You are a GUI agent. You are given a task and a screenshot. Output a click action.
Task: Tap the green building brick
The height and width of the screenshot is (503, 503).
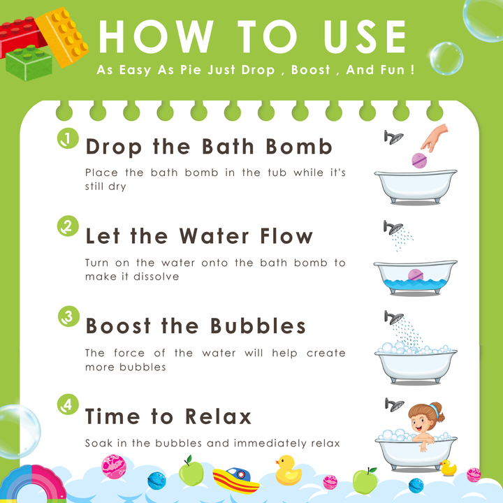[29, 63]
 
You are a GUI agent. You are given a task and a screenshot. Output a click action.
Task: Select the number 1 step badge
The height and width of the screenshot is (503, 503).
[68, 138]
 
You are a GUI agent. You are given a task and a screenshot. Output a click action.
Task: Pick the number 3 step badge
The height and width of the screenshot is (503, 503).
[68, 316]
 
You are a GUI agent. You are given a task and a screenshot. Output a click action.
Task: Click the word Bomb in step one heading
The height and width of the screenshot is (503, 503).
[299, 147]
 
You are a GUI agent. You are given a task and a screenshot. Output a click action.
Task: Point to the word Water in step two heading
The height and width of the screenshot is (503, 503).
[214, 236]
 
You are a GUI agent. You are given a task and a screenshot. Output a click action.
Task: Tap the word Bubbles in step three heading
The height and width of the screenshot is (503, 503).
[258, 326]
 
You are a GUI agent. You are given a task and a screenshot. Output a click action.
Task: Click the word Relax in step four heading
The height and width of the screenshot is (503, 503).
[218, 416]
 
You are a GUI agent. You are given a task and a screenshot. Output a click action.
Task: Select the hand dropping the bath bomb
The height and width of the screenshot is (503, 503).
[435, 138]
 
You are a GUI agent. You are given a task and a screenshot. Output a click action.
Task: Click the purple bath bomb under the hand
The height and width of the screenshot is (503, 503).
[419, 161]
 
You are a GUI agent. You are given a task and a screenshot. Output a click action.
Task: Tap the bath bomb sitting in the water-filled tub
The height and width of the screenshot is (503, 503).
[416, 275]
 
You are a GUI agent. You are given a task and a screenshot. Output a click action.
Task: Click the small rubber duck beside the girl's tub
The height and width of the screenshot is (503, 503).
[448, 467]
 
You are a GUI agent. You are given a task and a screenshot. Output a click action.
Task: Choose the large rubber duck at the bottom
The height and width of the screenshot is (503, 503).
[288, 470]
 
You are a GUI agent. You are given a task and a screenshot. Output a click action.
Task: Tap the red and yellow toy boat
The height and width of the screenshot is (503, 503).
[236, 480]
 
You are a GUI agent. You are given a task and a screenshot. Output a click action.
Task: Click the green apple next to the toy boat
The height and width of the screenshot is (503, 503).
[191, 471]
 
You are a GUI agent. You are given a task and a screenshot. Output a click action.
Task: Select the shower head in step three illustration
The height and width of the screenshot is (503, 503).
[394, 318]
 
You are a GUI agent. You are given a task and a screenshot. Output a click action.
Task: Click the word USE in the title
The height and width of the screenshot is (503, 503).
[365, 36]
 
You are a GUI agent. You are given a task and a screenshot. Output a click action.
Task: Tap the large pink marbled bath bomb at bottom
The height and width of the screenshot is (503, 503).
[114, 467]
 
